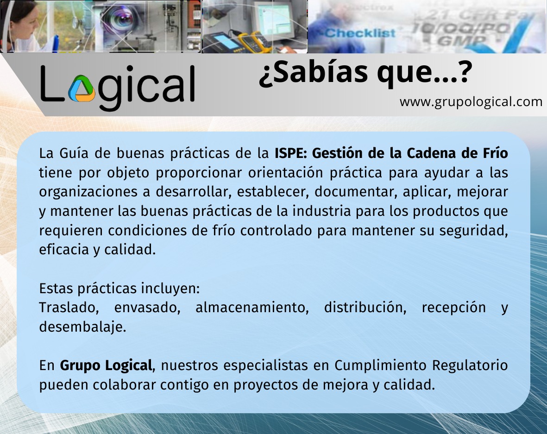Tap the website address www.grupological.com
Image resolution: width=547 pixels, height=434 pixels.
(471, 101)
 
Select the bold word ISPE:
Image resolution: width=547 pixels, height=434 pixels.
(290, 153)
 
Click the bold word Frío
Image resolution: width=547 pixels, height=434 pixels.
(495, 153)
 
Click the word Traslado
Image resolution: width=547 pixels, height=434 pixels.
(69, 308)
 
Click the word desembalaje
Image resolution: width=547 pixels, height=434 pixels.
(82, 327)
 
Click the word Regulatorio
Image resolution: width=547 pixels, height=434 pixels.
(470, 365)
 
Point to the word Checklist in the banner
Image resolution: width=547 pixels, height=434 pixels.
(360, 33)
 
